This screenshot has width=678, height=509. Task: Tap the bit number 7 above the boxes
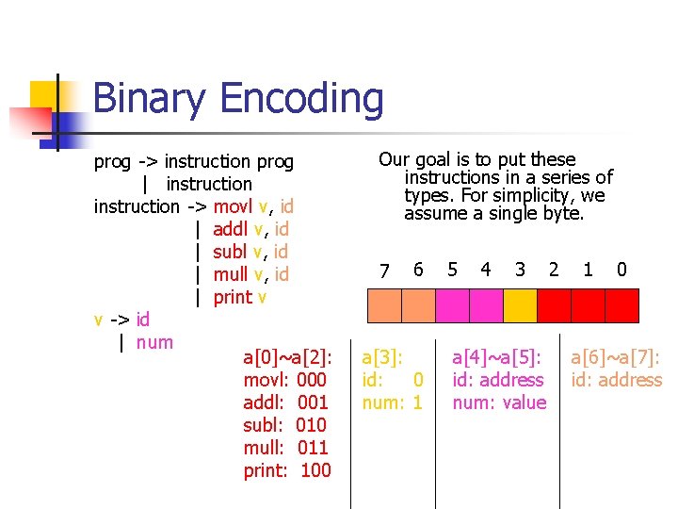[x=383, y=271]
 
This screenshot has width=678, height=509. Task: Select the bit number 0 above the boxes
[x=621, y=270]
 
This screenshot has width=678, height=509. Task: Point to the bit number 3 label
[x=520, y=270]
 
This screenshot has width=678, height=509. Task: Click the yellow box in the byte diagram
[x=519, y=305]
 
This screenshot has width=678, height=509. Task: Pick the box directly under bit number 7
[x=384, y=305]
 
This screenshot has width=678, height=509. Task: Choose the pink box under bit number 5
[x=452, y=305]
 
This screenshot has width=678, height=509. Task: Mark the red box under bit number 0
[x=621, y=305]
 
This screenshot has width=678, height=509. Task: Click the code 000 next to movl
[x=311, y=380]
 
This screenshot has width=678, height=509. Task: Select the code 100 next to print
[x=315, y=470]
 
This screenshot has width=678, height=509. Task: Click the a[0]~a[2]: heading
[x=286, y=357]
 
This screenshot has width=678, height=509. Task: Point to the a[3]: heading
[x=382, y=357]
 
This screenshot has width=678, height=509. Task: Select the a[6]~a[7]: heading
[x=616, y=357]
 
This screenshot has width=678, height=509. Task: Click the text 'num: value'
[x=499, y=402]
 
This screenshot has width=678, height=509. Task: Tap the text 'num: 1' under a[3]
[x=393, y=402]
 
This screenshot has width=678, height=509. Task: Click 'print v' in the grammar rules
[x=240, y=297]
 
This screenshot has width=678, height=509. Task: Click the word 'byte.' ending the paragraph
[x=562, y=214]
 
